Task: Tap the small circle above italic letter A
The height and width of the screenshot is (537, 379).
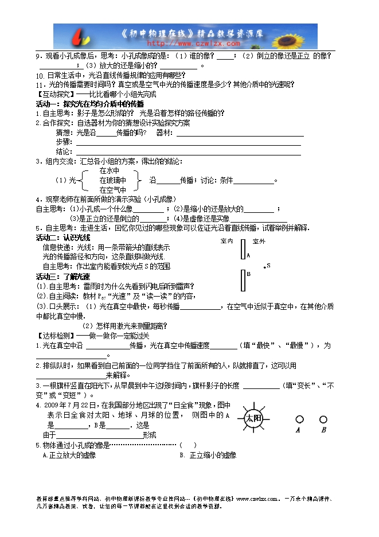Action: click(x=299, y=419)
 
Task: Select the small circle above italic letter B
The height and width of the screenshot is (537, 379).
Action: click(x=323, y=419)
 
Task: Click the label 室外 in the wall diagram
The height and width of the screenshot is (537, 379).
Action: click(x=259, y=241)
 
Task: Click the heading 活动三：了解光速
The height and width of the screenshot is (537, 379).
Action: click(x=63, y=277)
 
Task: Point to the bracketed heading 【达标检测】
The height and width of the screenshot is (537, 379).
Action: click(x=55, y=335)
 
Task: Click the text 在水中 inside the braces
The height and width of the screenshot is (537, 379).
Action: click(x=109, y=171)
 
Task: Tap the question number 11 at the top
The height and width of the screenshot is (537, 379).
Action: click(x=40, y=84)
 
